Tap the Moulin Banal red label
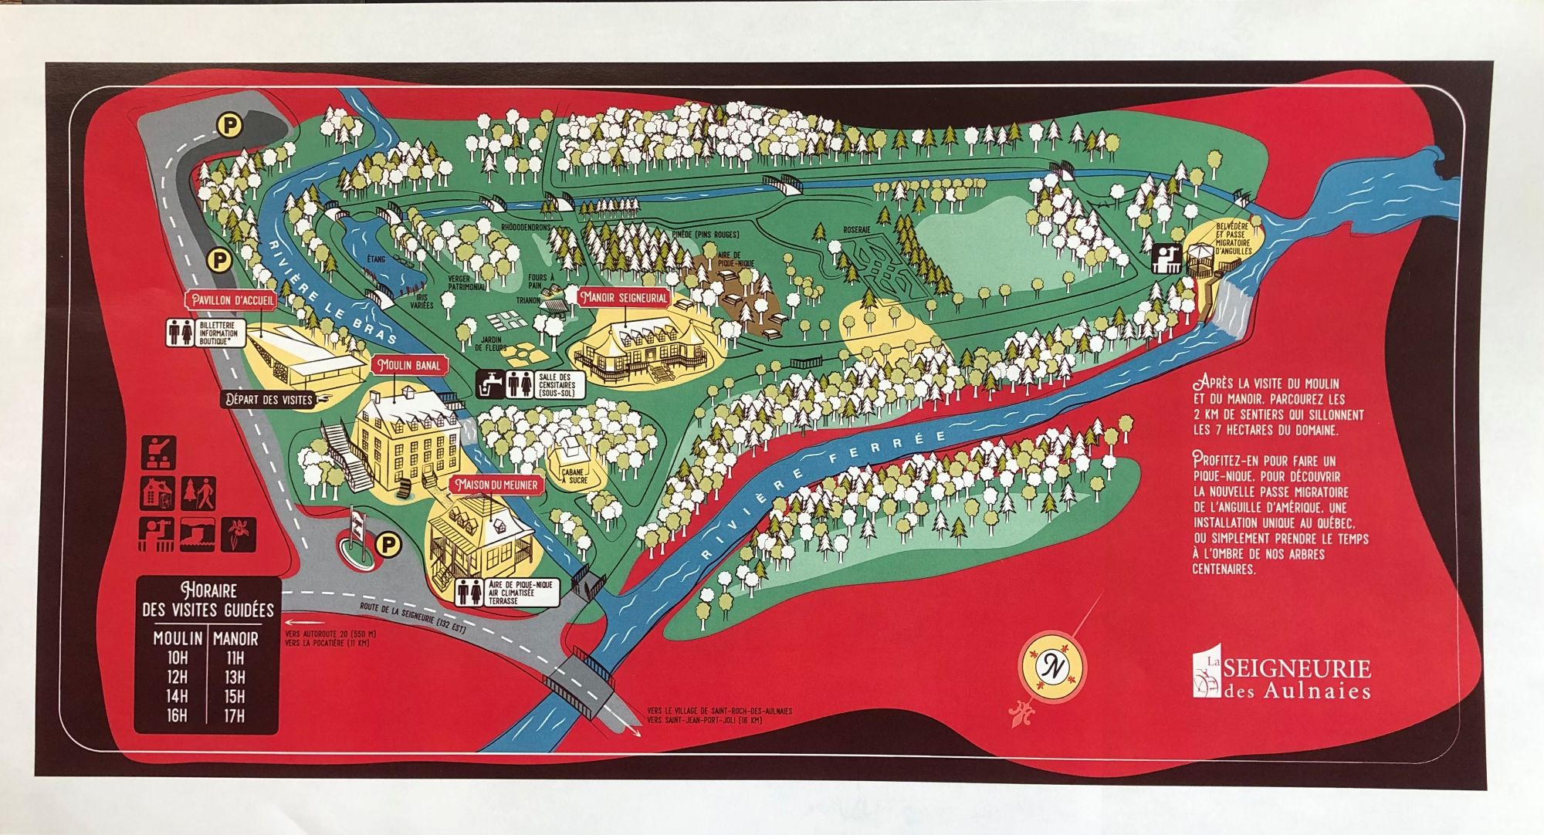[x=408, y=365]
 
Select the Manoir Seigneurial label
[x=625, y=297]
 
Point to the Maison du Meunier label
[x=496, y=485]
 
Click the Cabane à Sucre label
[x=574, y=476]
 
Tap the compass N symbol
[x=1051, y=665]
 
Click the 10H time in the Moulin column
[x=177, y=658]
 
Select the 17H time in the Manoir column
[x=235, y=715]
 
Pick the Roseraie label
[x=856, y=230]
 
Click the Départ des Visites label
[x=269, y=400]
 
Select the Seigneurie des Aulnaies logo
[x=1282, y=676]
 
